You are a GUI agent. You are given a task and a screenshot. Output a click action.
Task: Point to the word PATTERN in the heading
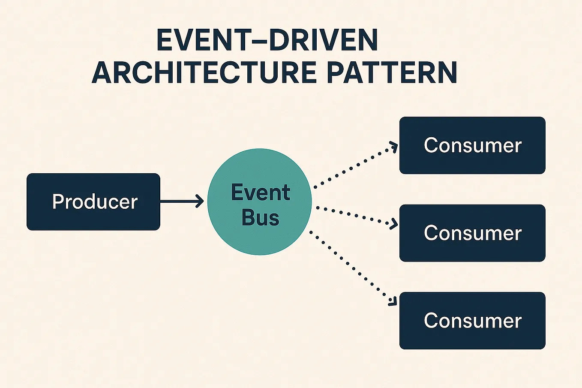tap(392, 72)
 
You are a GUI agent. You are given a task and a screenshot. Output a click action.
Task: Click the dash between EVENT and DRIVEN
tap(250, 41)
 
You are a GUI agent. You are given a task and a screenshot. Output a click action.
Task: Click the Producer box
tap(93, 202)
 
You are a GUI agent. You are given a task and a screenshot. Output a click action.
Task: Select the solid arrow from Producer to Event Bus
tap(180, 201)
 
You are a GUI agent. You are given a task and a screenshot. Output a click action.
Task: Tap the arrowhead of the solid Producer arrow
tap(200, 201)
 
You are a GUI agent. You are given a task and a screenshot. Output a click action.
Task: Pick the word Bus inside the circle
tap(260, 217)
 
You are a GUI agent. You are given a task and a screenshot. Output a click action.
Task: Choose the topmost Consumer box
tap(472, 145)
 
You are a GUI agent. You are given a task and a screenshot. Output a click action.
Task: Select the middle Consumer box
tap(472, 233)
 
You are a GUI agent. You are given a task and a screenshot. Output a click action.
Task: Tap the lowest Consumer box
tap(472, 320)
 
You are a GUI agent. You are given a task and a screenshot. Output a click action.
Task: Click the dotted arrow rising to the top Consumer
tap(354, 167)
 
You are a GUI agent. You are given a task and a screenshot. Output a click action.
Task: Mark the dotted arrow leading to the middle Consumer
tap(354, 215)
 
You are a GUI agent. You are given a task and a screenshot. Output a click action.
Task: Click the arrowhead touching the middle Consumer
tap(393, 224)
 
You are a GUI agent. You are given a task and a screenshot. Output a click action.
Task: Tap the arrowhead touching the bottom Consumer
tap(392, 302)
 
